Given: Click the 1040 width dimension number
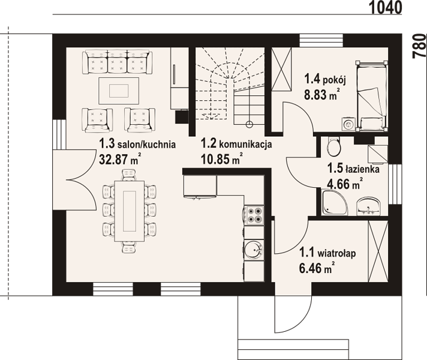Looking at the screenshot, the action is (x=385, y=7).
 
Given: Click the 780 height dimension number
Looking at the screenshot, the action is (x=419, y=46).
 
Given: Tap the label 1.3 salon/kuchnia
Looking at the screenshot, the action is (x=137, y=143).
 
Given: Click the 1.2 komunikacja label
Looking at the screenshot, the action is (x=236, y=143).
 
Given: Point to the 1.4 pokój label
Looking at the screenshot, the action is (x=325, y=80).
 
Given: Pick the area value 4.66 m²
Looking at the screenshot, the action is (x=345, y=184).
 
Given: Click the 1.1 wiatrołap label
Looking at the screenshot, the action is (x=327, y=253).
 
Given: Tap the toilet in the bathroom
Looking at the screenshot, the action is (x=334, y=146).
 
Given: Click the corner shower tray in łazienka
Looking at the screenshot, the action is (x=335, y=202).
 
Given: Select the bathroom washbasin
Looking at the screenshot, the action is (x=368, y=206).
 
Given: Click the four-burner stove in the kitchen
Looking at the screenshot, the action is (x=254, y=215).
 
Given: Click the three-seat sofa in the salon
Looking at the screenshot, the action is (x=118, y=62).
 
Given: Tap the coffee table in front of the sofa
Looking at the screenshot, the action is (x=119, y=91).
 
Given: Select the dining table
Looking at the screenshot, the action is (x=130, y=211).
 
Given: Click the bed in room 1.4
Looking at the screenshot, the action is (x=372, y=96).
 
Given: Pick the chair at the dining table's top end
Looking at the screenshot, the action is (x=129, y=175).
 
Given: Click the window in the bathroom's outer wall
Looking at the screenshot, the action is (x=395, y=184).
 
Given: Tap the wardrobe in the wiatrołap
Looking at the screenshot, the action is (x=378, y=251).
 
